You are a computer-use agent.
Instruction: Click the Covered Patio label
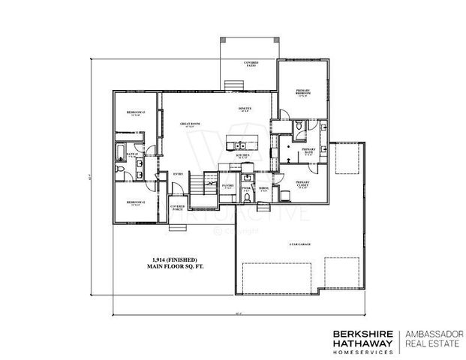pyautogui.click(x=250, y=64)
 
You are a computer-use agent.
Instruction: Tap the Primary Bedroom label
pyautogui.click(x=303, y=92)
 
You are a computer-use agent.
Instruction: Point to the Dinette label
pyautogui.click(x=245, y=109)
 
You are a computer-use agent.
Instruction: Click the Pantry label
pyautogui.click(x=229, y=184)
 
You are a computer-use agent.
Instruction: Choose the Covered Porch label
pyautogui.click(x=178, y=208)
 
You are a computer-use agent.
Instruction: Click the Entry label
pyautogui.click(x=179, y=174)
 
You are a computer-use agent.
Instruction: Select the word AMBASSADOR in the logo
pyautogui.click(x=434, y=334)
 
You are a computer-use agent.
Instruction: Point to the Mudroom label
pyautogui.click(x=263, y=189)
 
